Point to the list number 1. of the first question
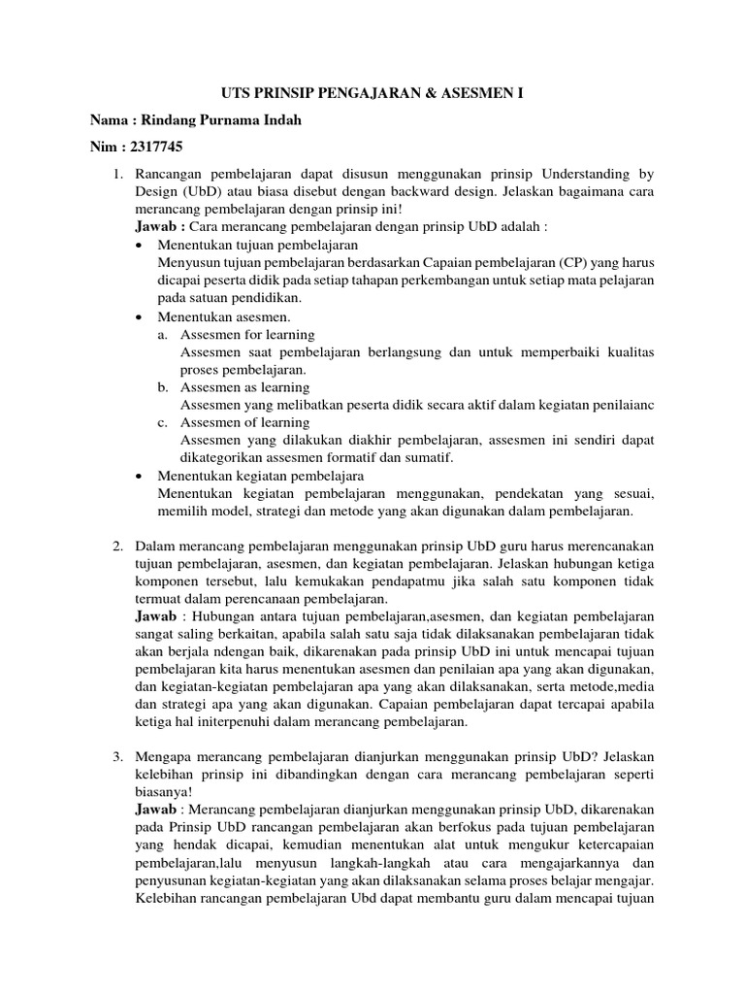118,174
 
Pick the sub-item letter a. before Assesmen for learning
163,335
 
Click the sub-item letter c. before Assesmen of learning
163,422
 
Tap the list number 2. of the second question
118,547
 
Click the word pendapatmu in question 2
405,581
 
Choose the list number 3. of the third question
118,756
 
